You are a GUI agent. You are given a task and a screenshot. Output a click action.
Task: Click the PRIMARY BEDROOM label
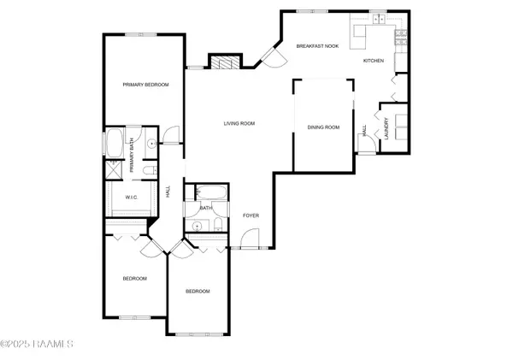coord(144,85)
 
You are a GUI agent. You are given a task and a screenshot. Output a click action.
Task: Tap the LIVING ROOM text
coord(239,124)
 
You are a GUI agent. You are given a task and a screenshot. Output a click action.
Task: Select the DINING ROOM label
coord(323,127)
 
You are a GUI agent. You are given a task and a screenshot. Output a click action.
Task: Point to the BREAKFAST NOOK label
coord(317,45)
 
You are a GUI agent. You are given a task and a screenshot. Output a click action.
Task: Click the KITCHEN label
coord(374,62)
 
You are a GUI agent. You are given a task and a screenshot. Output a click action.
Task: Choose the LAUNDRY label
coord(387,129)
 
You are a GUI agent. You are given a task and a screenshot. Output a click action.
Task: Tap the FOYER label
coord(251,215)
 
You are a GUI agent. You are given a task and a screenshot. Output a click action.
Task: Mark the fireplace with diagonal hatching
coord(223,63)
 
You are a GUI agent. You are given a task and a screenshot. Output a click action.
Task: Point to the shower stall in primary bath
coord(115,168)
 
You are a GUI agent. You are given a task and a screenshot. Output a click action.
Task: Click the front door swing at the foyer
coord(250,240)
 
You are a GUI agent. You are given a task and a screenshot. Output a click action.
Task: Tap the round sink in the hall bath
coord(198,226)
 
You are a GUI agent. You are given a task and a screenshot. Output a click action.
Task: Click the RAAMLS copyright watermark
coord(38,345)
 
